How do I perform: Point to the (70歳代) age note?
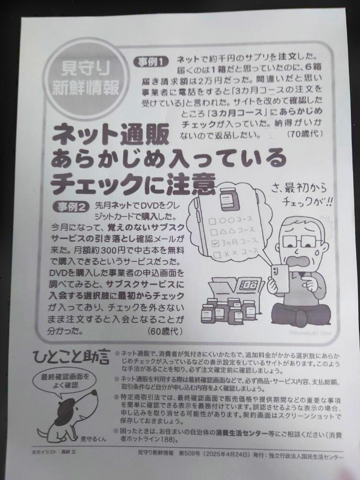[305, 134]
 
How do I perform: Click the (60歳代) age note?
[163, 331]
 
